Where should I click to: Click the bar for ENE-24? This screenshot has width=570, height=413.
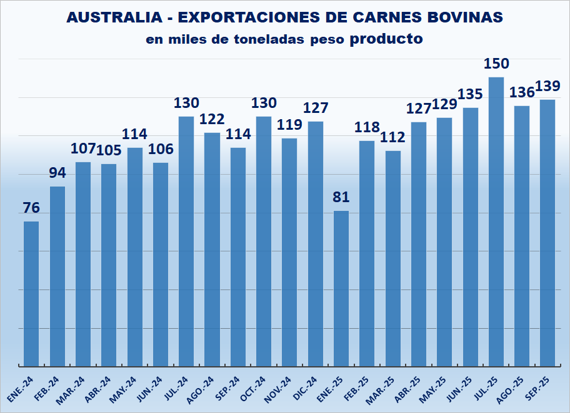tap(31, 293)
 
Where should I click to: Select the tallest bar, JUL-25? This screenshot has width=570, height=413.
tap(496, 221)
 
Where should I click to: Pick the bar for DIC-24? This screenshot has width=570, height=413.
tap(316, 243)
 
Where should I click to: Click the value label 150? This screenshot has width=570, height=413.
tap(497, 64)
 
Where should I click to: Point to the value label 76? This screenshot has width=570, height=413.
tap(31, 208)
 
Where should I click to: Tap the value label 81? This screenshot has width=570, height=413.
tap(341, 197)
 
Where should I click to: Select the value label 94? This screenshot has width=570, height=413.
tap(57, 173)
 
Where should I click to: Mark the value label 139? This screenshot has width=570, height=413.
tap(548, 86)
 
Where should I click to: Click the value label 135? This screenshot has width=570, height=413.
tap(470, 94)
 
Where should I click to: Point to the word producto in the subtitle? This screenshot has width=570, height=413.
tap(386, 39)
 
